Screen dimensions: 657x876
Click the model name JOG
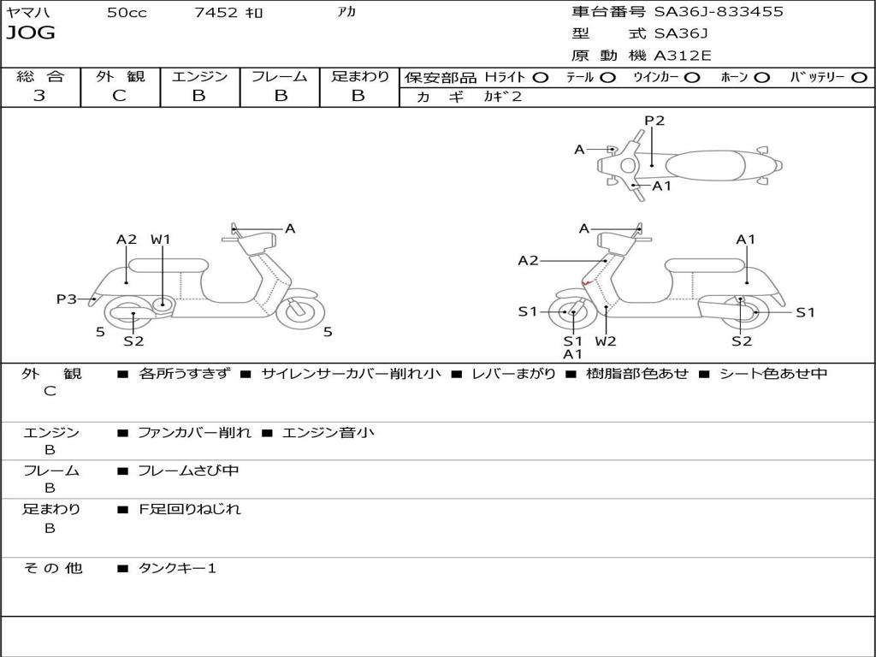coord(31,34)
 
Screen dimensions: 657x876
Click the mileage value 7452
coord(216,13)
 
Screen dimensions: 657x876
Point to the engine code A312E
coord(682,56)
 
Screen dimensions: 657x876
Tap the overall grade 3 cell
coord(39,96)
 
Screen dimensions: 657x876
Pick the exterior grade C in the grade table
coord(120,96)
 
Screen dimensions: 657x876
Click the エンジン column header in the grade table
coord(200,77)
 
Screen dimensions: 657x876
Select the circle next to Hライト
coord(541,77)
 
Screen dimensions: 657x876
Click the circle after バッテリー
coord(859,77)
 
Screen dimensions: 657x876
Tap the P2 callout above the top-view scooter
coord(654,121)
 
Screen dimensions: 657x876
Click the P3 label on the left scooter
coord(67,299)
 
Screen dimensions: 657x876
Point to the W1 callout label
coord(161,240)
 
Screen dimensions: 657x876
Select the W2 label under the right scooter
coord(606,341)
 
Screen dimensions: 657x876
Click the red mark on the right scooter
coord(586,282)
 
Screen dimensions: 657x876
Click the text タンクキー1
coord(177,568)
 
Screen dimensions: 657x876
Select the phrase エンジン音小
coord(328,433)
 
